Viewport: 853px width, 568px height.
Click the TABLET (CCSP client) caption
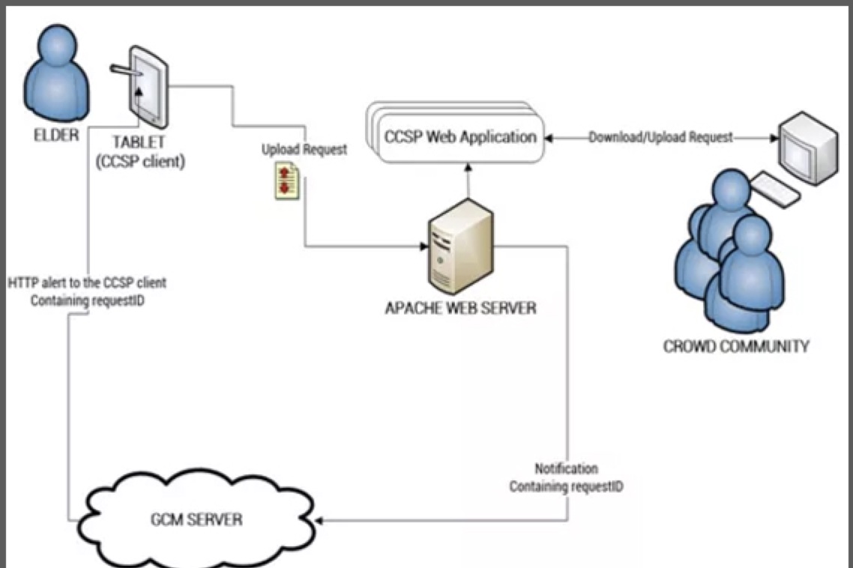[x=140, y=151]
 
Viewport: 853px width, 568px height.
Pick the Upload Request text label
[x=304, y=150]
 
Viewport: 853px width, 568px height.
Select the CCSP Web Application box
[x=460, y=138]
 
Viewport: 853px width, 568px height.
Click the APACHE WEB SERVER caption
[x=461, y=307]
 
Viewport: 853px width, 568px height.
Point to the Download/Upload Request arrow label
[x=660, y=137]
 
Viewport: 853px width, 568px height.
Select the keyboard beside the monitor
[x=774, y=190]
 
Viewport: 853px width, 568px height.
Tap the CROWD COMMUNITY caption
[x=736, y=346]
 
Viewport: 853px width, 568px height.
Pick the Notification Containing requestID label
[x=566, y=477]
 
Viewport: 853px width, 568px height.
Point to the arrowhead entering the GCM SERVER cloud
[x=320, y=519]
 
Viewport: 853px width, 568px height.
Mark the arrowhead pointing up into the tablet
[x=138, y=93]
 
